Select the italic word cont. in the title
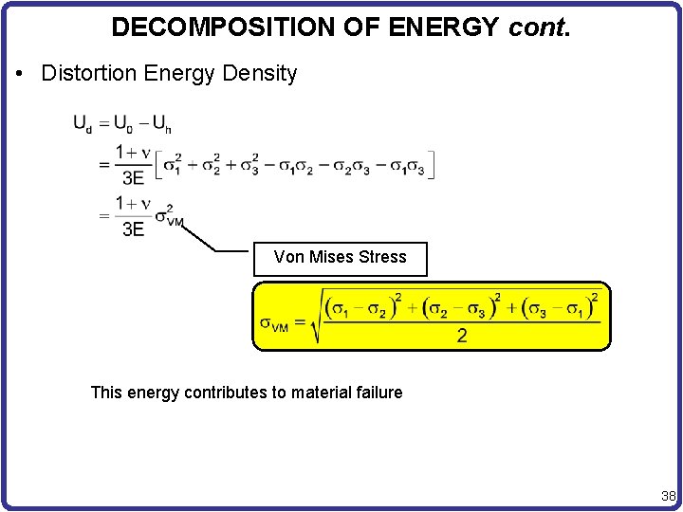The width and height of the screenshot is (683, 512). [540, 27]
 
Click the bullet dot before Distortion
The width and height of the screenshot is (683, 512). [20, 74]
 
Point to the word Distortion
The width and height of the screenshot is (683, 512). [88, 73]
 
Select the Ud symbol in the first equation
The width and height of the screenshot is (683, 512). [83, 123]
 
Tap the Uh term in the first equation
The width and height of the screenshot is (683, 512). [161, 123]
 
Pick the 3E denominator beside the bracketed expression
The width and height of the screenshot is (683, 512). [133, 176]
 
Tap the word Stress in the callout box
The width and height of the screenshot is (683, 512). [383, 257]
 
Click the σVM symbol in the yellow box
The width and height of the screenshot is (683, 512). [275, 323]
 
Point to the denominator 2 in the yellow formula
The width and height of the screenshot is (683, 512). [462, 337]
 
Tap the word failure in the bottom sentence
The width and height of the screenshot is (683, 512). [376, 393]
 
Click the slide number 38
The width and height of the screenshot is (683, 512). [668, 496]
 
